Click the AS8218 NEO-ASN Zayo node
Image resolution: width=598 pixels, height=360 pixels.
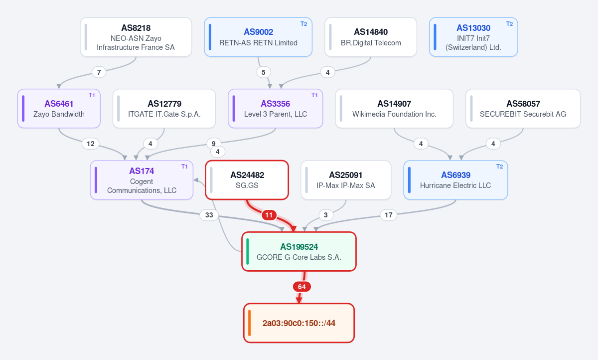[x=136, y=37]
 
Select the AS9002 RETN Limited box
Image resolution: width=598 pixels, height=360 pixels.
[x=258, y=37]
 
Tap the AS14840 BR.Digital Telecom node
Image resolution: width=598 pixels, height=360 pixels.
[x=371, y=37]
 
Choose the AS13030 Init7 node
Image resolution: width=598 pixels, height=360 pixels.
[x=473, y=37]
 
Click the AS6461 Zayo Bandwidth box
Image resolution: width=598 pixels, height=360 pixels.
[x=59, y=108]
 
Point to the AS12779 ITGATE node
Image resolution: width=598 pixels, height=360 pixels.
[x=164, y=108]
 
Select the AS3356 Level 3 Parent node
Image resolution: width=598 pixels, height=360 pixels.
[x=275, y=108]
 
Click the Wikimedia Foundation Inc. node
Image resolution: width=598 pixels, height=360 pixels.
[x=394, y=108]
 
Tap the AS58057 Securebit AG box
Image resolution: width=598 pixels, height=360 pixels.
[x=523, y=108]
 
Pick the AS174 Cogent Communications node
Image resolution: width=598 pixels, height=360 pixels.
[x=142, y=180]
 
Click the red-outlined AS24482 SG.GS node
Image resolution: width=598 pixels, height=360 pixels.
[x=247, y=180]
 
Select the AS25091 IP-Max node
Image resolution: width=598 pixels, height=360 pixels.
[x=346, y=180]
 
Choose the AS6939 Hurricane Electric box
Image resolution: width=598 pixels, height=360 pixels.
[x=455, y=180]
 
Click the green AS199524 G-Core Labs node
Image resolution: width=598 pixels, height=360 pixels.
[x=299, y=252]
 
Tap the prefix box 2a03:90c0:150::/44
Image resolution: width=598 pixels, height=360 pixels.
[x=299, y=323]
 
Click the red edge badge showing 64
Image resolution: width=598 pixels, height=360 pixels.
[x=301, y=287]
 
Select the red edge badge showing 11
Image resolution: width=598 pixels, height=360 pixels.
[x=269, y=215]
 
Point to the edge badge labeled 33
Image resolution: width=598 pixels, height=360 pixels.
[x=209, y=215]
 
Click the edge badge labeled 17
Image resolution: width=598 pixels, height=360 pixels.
[x=388, y=215]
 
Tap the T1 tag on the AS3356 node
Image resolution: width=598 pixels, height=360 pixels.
[x=314, y=95]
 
